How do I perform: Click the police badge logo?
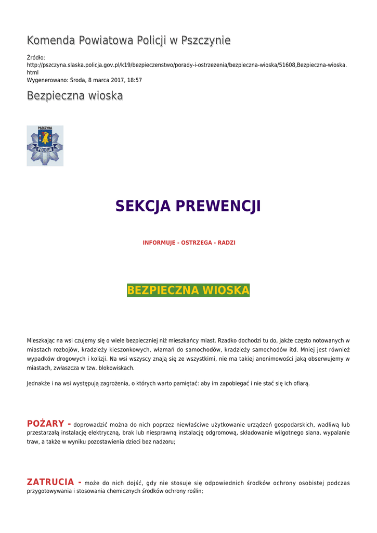45,146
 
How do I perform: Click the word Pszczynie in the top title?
205,41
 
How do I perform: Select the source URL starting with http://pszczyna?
187,65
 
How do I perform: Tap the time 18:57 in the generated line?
134,80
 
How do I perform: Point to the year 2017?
115,80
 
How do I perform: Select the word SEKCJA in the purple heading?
143,206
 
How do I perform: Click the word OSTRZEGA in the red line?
196,243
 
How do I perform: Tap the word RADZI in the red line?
226,243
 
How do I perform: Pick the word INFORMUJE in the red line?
159,243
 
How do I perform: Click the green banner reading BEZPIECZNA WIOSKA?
188,290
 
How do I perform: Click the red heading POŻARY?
45,424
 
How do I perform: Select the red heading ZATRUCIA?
50,482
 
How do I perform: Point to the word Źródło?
36,57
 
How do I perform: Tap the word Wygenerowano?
47,80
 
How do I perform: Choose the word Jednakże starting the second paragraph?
40,384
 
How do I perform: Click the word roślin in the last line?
193,491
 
